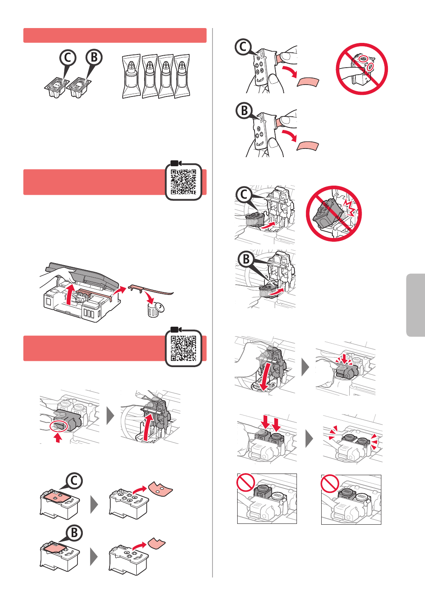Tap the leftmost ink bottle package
click(131, 76)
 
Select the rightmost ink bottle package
click(182, 76)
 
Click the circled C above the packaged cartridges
click(68, 58)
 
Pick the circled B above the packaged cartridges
click(94, 57)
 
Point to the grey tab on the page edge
click(416, 305)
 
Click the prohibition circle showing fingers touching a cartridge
click(362, 69)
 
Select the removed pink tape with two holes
click(161, 488)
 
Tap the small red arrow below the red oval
click(58, 438)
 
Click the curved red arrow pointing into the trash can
click(149, 297)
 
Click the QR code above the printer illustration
click(183, 181)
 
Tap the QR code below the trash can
click(183, 348)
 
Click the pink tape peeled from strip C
click(308, 82)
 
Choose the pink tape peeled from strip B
click(308, 146)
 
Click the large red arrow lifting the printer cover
click(70, 295)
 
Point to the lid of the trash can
click(160, 306)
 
